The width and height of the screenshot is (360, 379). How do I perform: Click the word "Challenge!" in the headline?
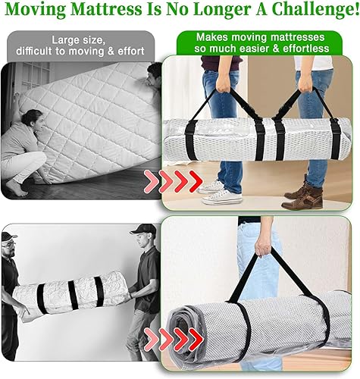[315, 9]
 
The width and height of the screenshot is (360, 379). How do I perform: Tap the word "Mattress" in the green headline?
[106, 9]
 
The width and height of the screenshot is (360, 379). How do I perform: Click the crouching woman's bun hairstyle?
[30, 117]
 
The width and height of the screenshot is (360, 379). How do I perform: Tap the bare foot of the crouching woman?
[16, 188]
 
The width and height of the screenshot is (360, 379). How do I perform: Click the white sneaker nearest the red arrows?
[211, 187]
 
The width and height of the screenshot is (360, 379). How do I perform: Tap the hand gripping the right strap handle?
[305, 86]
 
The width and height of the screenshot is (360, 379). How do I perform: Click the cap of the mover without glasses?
[143, 229]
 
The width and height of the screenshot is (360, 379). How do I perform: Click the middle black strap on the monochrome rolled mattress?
[73, 295]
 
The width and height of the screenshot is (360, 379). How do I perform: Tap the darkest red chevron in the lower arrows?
[196, 340]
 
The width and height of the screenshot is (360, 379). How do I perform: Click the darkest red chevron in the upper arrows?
[196, 181]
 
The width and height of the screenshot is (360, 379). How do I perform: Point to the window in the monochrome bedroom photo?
[33, 76]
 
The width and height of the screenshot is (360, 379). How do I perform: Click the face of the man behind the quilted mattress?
[153, 78]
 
